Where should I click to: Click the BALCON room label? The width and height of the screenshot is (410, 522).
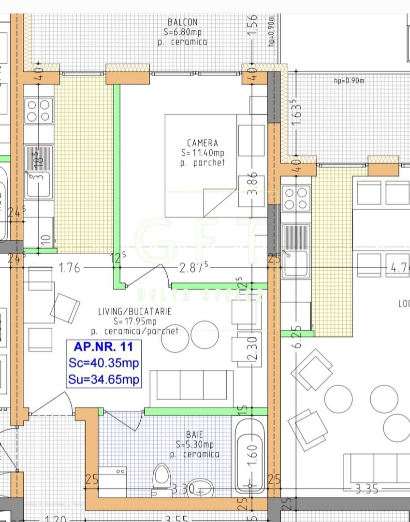[x=182, y=22]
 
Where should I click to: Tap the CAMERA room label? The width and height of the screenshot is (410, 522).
[x=203, y=143]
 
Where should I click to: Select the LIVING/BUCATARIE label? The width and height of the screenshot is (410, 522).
[x=134, y=311]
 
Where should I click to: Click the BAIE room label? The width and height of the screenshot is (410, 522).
[x=194, y=435]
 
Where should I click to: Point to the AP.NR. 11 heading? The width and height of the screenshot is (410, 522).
[x=103, y=347]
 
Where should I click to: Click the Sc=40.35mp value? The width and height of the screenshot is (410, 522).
[x=103, y=363]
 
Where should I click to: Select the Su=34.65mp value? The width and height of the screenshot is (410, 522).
[x=103, y=379]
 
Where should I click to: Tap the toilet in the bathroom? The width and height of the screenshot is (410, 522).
[x=161, y=477]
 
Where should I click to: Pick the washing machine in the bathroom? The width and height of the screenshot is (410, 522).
[x=112, y=481]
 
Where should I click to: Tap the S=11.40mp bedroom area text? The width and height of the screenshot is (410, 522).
[x=203, y=153]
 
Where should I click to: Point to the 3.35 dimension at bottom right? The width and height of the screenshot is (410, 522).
[x=366, y=489]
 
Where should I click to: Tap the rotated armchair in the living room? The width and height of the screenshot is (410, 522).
[x=65, y=308]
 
